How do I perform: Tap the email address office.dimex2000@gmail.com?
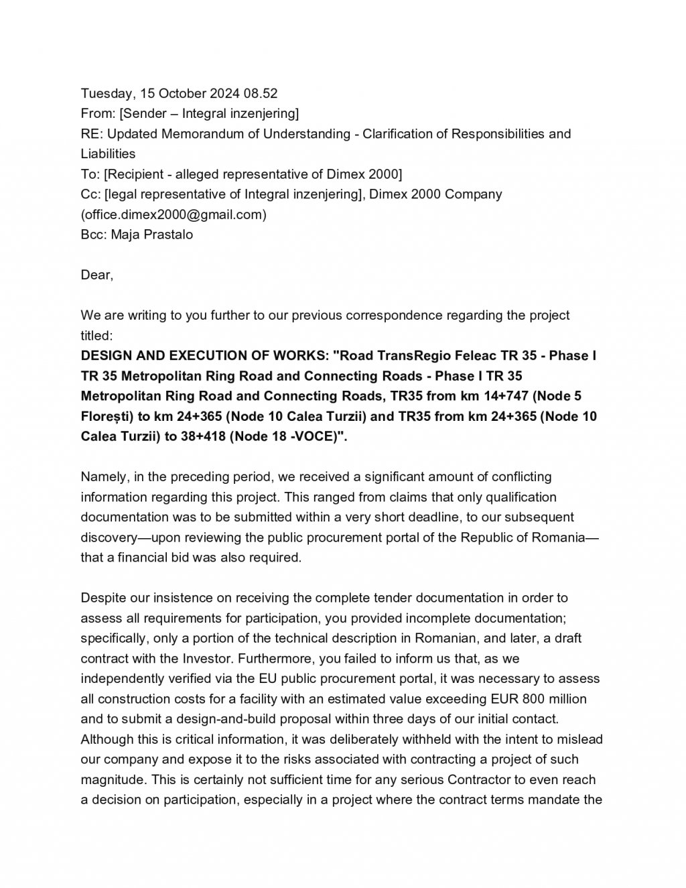[x=174, y=214]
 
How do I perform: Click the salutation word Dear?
[x=96, y=275]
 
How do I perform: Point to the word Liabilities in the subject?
[x=108, y=153]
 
